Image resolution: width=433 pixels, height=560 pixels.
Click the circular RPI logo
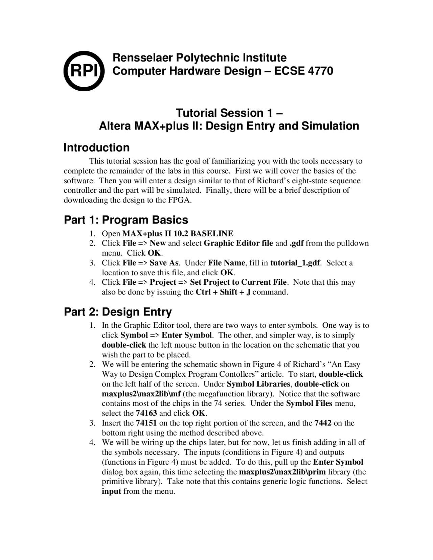coord(84,71)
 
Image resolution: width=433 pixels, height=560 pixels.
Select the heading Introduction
coord(96,147)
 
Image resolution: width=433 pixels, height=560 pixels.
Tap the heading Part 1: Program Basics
coord(126,220)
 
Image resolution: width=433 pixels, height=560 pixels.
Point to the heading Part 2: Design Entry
coord(118,311)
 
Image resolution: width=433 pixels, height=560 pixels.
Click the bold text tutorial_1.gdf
coord(295,263)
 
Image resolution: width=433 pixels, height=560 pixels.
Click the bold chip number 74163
coord(146,413)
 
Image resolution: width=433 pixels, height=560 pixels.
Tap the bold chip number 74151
coord(146,423)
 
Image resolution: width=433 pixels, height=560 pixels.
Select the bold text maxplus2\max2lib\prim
coord(282,472)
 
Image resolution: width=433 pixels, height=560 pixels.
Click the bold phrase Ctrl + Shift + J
coord(223,292)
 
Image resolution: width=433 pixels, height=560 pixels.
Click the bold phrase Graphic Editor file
coord(238,243)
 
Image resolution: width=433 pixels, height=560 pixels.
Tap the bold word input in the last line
coord(111,491)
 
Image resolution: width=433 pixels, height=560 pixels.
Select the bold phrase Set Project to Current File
coord(238,282)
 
